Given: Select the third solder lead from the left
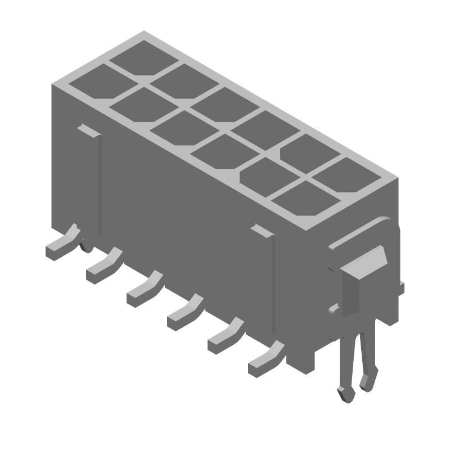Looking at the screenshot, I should [143, 289].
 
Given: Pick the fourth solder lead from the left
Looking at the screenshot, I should [184, 311].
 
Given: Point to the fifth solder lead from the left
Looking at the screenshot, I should [225, 334].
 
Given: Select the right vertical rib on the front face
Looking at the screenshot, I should [273, 281].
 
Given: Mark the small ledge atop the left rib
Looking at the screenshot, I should [88, 130].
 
